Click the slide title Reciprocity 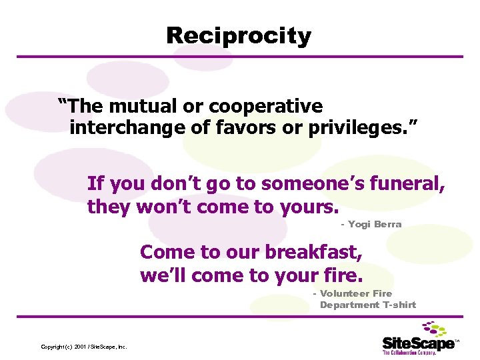[x=239, y=35]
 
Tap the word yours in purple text [x=309, y=207]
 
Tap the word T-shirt [x=399, y=305]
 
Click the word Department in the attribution [x=349, y=305]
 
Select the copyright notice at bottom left [x=84, y=347]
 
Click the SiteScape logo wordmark [x=418, y=343]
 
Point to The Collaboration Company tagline [x=409, y=353]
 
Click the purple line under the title [x=240, y=57]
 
